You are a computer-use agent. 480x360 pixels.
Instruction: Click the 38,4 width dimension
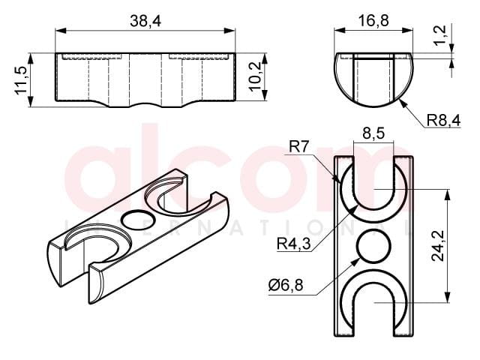145,21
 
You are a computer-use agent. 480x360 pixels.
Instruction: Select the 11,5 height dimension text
22,80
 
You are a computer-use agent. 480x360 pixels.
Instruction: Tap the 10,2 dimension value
255,76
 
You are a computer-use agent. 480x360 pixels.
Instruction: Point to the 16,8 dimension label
373,21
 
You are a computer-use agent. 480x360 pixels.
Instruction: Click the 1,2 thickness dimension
440,35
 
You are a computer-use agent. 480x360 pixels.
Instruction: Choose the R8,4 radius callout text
443,120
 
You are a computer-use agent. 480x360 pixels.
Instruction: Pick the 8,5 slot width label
373,133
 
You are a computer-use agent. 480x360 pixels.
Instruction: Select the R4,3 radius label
293,244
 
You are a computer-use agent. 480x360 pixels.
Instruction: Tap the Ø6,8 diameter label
286,286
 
